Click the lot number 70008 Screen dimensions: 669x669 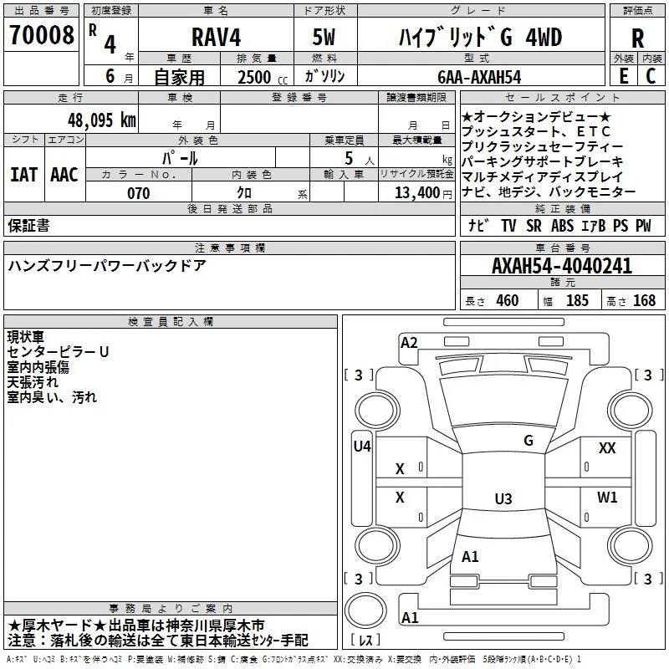coord(41,35)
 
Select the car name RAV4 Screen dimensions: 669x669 coord(217,37)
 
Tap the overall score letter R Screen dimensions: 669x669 coord(637,38)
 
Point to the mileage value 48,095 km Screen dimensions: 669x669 coord(102,120)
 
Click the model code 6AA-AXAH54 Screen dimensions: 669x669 coord(479,77)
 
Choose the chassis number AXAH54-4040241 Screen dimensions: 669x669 coord(562,266)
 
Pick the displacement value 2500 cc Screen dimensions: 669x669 coord(263,77)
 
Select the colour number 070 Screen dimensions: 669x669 coord(139,193)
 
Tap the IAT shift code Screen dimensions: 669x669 coord(24,175)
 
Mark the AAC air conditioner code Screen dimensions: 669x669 coord(64,175)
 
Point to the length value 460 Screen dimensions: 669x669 coord(508,300)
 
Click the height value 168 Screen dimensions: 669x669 coord(644,300)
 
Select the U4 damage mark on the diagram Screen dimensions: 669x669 coord(362,447)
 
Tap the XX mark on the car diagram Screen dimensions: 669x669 coord(607,448)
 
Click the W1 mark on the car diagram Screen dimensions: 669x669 coord(607,497)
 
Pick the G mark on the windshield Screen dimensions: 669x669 coord(529,441)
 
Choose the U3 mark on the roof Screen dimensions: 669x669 coord(503,498)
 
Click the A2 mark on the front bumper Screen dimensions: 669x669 coord(409,343)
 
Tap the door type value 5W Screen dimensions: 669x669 coord(324,37)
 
